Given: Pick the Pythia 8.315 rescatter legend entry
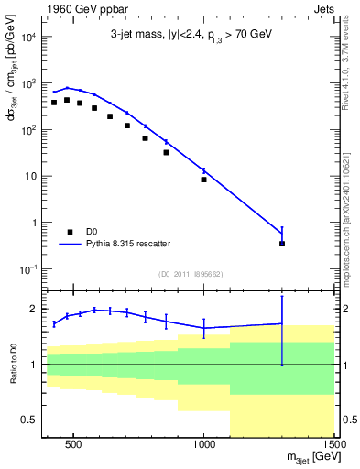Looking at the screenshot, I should coord(136,245).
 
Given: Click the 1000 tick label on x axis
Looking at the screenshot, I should coord(204,442).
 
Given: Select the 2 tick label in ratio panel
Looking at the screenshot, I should coord(31,309).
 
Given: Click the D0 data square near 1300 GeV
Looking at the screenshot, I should coord(282,243).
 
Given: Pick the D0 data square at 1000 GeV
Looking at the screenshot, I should coord(203,180).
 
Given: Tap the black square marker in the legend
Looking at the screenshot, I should coord(70,232).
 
